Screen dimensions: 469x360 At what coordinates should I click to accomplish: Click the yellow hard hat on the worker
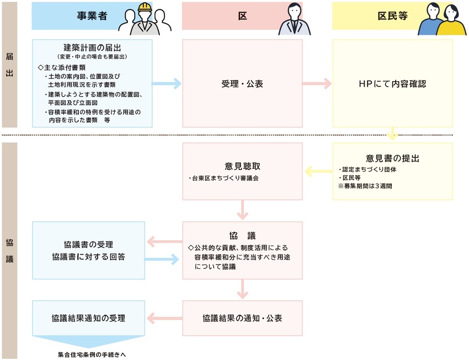145,7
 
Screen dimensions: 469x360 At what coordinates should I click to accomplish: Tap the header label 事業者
92,16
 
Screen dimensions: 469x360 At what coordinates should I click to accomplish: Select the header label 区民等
392,16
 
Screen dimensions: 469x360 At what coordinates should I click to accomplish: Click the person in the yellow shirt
451,20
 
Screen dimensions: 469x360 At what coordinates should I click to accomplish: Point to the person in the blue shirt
430,19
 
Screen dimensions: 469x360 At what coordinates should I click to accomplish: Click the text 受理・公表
242,84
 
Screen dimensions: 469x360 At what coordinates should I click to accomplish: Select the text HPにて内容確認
392,84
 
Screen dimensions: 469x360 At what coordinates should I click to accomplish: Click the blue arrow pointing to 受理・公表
167,84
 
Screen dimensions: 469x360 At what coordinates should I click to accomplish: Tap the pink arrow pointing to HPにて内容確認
317,84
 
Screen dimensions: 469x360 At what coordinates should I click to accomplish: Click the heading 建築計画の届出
92,47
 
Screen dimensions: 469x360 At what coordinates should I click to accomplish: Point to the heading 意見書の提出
392,158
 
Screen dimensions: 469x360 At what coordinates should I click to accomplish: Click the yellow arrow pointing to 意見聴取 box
319,172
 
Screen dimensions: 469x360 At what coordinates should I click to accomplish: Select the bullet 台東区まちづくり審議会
223,178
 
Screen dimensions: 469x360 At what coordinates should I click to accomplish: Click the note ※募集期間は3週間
365,186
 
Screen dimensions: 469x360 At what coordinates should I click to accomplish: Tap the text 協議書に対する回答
88,257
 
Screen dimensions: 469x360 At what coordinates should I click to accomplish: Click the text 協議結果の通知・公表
242,318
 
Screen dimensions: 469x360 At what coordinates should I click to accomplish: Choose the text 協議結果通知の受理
88,318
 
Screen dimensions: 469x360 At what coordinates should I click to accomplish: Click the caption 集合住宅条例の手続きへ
92,355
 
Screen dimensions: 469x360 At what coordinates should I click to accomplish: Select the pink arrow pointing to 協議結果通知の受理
165,318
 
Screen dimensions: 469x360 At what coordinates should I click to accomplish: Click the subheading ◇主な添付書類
62,67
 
